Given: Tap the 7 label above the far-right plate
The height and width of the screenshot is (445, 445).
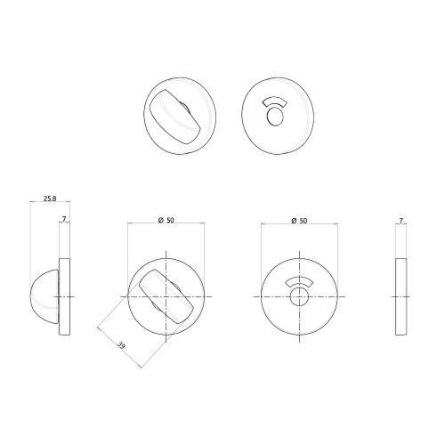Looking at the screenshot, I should (x=401, y=217).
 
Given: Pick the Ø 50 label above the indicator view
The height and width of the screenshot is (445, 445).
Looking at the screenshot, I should (x=299, y=220).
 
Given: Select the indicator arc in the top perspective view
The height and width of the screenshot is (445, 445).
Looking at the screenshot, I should (x=275, y=101).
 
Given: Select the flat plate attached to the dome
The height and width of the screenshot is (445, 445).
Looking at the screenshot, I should (x=63, y=295).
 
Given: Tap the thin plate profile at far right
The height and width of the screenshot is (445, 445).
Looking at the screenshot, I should (x=401, y=295).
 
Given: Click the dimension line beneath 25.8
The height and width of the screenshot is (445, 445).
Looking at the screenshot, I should (x=44, y=206).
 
